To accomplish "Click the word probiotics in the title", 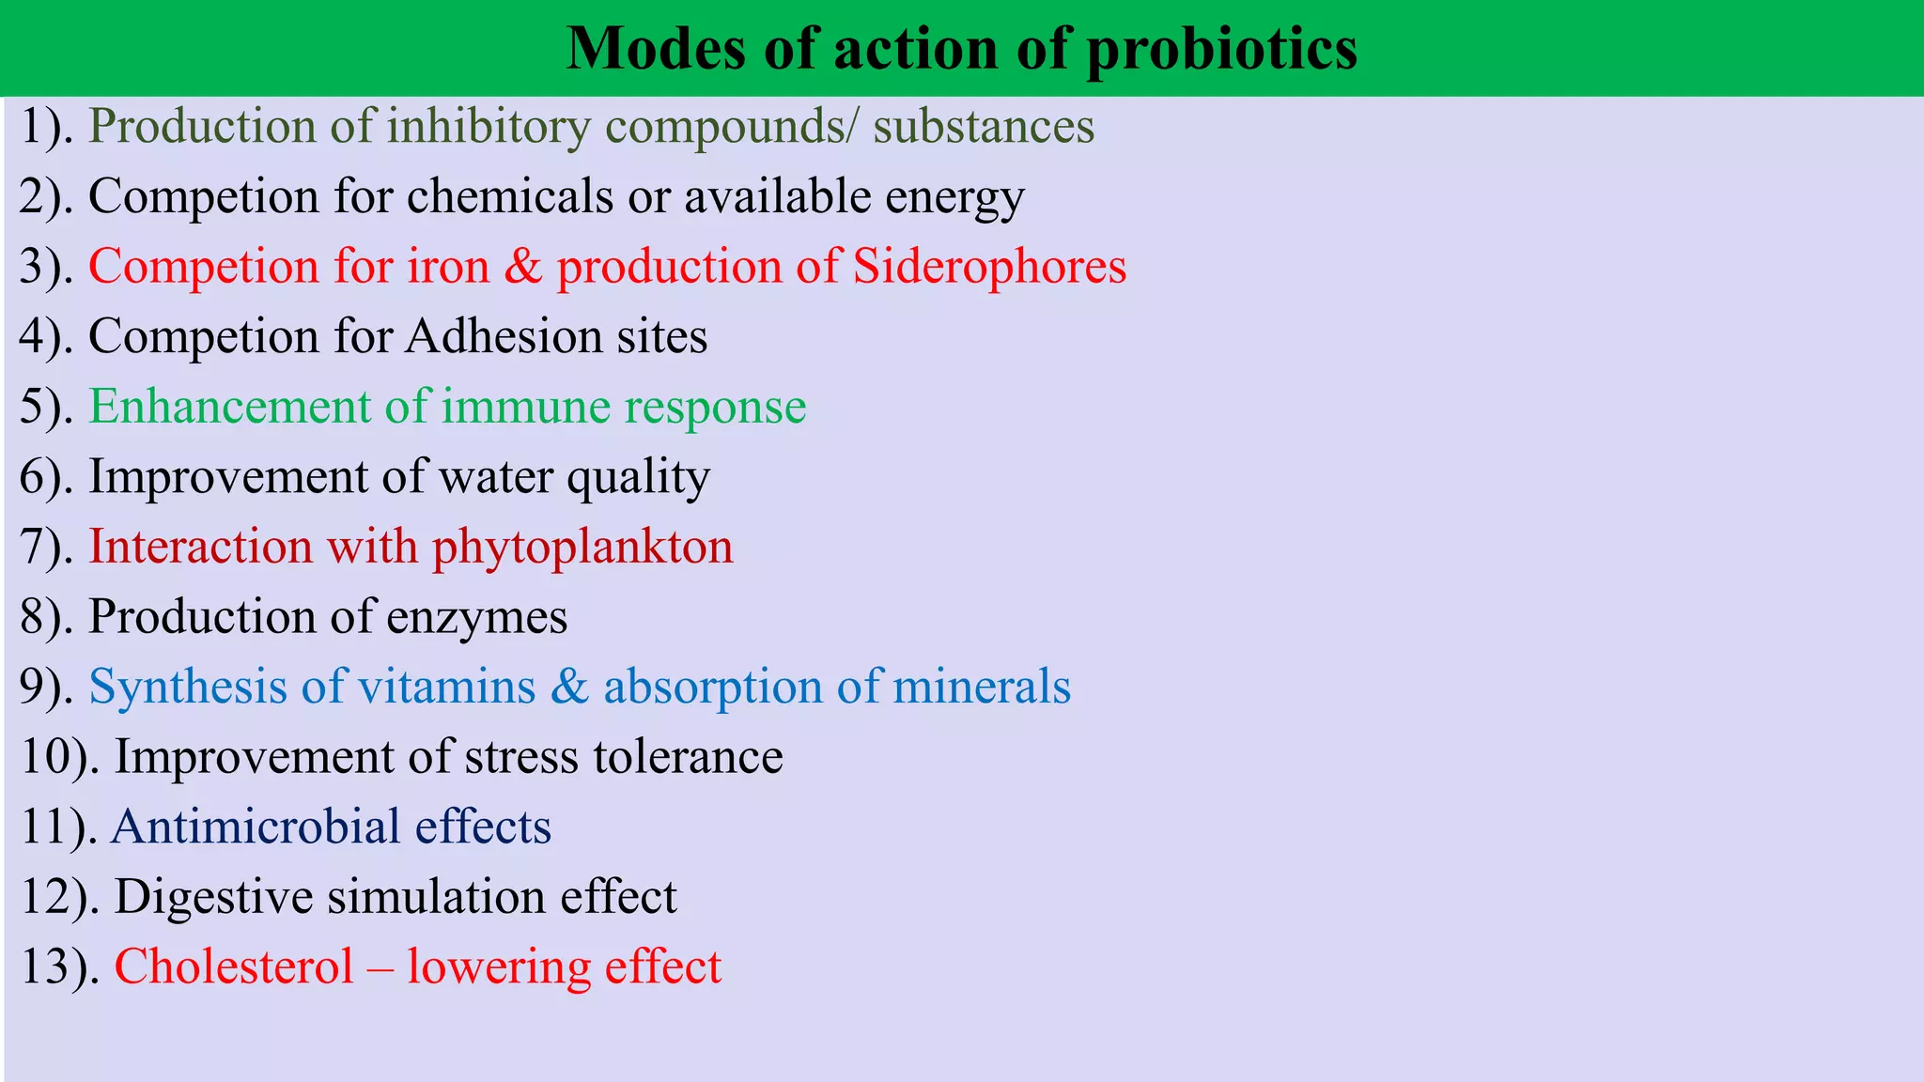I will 1221,49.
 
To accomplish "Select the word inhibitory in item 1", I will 488,127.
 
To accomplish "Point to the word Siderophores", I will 989,267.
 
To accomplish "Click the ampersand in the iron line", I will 523,267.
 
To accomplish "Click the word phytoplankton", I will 582,547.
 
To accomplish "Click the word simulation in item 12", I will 436,897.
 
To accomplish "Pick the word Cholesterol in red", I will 234,966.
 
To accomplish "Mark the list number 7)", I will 46,547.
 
